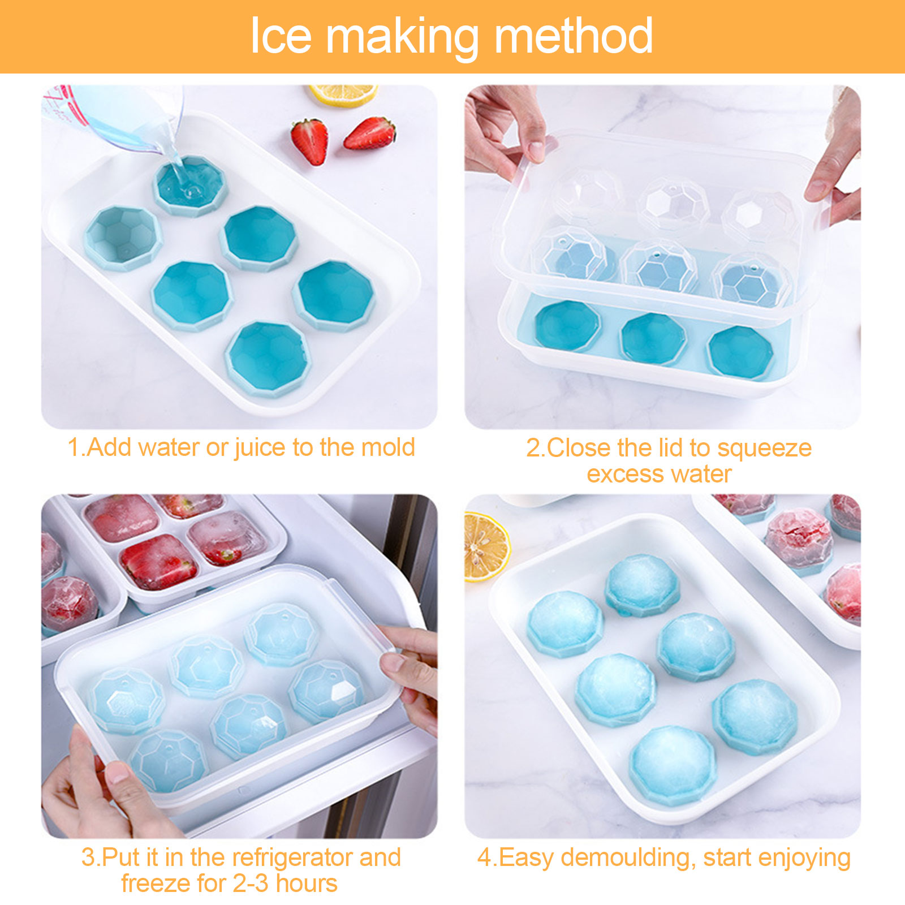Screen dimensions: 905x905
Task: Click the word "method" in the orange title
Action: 574,36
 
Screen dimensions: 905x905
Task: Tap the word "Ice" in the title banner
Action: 281,36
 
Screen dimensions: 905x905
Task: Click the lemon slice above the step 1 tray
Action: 343,94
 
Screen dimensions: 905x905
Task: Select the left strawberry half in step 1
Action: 309,141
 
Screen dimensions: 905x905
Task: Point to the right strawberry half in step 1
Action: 369,133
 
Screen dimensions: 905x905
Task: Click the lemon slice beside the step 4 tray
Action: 486,546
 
